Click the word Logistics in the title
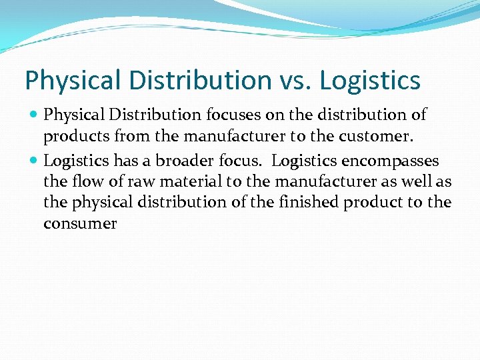tap(370, 81)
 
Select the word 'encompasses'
tap(390, 161)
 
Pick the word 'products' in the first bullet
tap(71, 137)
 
